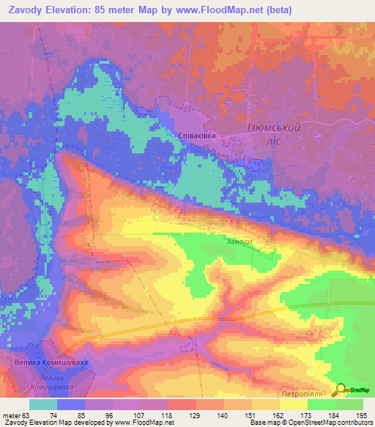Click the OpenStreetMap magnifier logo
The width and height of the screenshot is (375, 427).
(x=342, y=389)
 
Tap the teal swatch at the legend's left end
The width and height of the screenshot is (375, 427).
(x=42, y=404)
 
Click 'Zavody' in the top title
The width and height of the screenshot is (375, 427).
(x=26, y=10)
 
